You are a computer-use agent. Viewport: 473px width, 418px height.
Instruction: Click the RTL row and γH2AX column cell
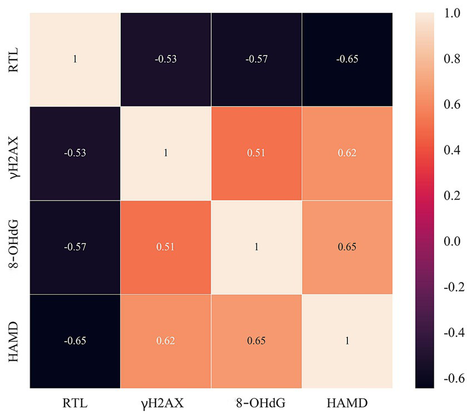pyautogui.click(x=166, y=59)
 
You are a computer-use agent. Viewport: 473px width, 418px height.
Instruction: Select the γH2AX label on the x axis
pyautogui.click(x=166, y=401)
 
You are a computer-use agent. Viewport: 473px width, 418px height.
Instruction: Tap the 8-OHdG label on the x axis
pyautogui.click(x=257, y=401)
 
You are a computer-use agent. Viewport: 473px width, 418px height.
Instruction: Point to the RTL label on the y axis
pyautogui.click(x=15, y=59)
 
